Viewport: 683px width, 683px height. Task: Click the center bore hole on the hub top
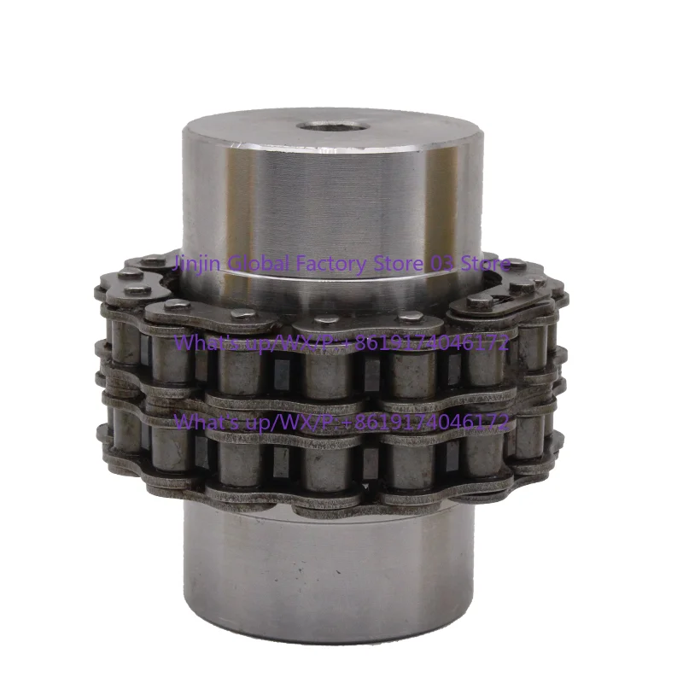[333, 127]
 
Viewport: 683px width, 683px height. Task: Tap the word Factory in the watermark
[330, 265]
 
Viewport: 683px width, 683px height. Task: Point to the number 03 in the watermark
[441, 263]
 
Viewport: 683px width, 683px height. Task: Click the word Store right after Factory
[397, 263]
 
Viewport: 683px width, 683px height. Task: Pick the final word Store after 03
[485, 263]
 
